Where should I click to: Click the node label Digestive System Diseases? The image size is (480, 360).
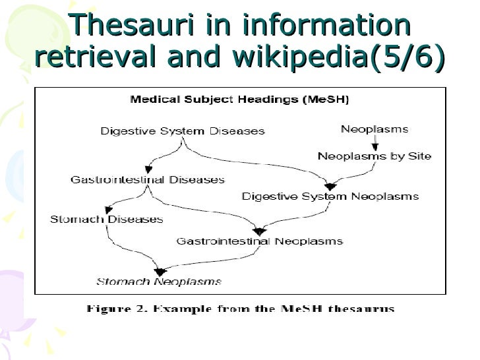183,131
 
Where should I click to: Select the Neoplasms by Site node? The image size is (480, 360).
374,156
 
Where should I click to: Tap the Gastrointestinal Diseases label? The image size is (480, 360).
148,179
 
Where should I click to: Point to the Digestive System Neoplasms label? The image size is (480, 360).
330,196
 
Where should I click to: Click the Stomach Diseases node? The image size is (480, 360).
106,220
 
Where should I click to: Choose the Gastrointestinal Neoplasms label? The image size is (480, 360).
259,241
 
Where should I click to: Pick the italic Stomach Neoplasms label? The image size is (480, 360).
159,282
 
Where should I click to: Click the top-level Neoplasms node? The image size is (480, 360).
374,129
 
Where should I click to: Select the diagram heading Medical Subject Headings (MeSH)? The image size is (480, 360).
239,100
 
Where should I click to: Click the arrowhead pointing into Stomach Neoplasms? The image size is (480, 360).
160,270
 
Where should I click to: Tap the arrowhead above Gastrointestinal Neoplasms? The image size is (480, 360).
259,231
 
